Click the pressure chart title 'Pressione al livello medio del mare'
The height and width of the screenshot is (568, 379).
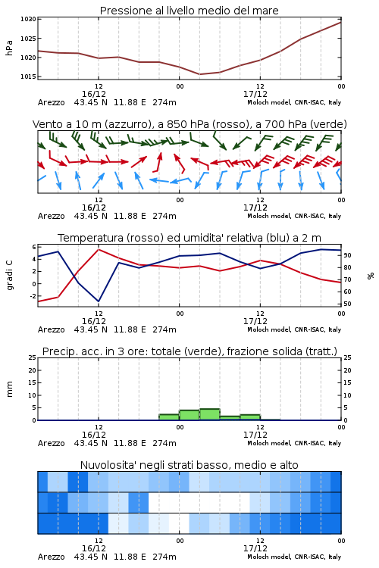[189, 11]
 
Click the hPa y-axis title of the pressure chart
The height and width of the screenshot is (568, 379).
[9, 48]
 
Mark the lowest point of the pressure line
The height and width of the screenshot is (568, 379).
[200, 74]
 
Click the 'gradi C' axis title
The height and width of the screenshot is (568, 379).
[9, 276]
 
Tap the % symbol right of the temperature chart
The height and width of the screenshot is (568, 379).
[371, 276]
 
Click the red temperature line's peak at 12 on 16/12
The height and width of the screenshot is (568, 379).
[99, 249]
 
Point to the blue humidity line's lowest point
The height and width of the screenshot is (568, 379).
[99, 301]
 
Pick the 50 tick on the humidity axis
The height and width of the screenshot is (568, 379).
[347, 304]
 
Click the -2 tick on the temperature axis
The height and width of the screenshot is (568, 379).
[33, 296]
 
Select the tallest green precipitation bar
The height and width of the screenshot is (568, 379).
[210, 414]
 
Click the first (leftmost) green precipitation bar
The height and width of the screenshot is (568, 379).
[169, 417]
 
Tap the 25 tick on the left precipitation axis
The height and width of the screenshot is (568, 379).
[33, 357]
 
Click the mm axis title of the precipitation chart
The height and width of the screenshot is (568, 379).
[9, 389]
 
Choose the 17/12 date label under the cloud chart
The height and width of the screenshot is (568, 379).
[255, 548]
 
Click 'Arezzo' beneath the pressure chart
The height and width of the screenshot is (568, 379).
[51, 102]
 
